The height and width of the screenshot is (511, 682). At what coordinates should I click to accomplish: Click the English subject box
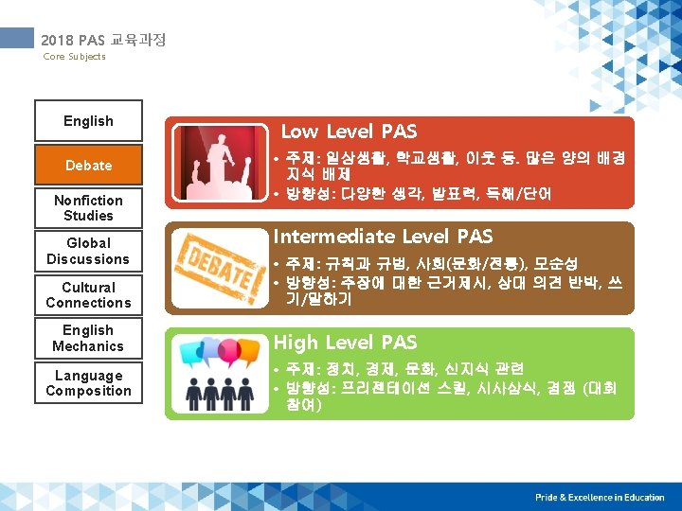(x=88, y=121)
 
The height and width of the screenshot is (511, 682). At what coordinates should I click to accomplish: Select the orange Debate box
(x=88, y=165)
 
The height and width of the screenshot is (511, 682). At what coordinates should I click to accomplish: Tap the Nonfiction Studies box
(x=88, y=208)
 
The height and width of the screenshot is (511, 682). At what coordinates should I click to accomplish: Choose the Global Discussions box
(x=88, y=252)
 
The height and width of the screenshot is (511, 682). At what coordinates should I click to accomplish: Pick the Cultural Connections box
(x=88, y=295)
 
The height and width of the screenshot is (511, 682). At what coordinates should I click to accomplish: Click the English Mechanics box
(x=88, y=339)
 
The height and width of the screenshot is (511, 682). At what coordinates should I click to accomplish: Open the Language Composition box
(x=88, y=383)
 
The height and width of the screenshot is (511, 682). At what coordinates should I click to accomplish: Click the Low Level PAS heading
(x=349, y=132)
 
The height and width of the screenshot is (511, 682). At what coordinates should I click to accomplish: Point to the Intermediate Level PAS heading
(x=383, y=237)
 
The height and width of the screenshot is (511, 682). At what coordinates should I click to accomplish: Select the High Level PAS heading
(x=345, y=343)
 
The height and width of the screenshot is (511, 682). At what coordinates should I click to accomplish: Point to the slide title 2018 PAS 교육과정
(x=103, y=40)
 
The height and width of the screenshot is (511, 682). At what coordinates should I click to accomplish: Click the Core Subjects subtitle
(x=75, y=57)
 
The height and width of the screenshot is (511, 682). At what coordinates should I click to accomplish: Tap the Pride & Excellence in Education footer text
(x=599, y=497)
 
